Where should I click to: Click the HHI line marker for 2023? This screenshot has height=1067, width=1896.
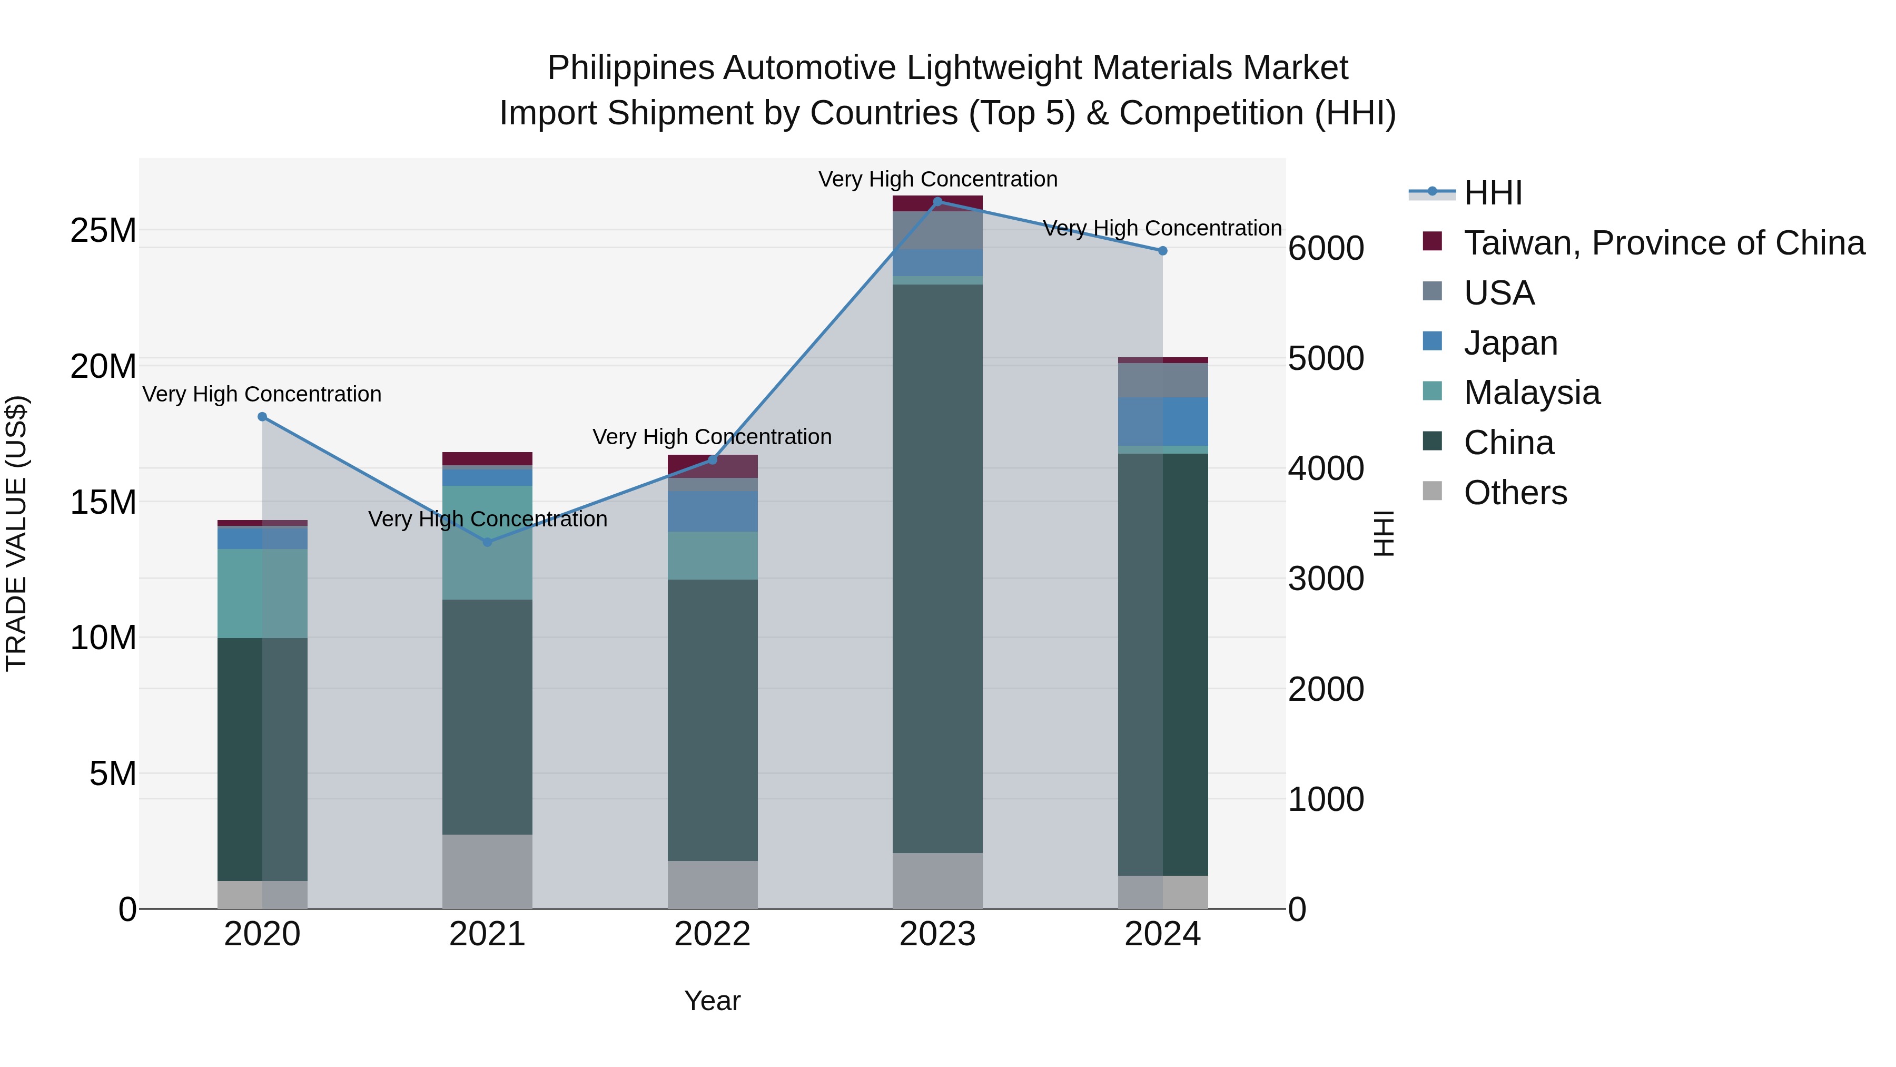pos(937,201)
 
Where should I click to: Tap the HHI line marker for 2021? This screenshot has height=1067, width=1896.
pos(487,542)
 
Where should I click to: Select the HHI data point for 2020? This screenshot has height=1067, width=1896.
pos(262,417)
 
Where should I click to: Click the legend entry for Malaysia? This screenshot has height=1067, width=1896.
pos(1531,393)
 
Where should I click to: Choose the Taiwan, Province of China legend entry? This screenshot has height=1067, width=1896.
pos(1663,243)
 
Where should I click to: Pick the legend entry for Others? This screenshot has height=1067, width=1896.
pos(1515,493)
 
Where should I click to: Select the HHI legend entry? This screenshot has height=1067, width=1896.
pos(1493,193)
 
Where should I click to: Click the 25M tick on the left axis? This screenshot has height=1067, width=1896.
pos(103,230)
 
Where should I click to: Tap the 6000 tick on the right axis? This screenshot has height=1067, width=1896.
pos(1326,248)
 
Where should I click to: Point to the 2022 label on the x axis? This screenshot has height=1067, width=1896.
pos(712,934)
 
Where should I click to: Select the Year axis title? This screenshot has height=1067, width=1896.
pos(712,1001)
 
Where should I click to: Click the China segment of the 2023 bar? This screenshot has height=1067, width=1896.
pos(937,567)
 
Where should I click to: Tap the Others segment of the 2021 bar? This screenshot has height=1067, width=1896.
pos(487,871)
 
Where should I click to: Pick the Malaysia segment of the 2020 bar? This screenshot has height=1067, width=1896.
pos(262,593)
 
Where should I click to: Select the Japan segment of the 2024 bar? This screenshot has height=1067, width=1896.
pos(1162,421)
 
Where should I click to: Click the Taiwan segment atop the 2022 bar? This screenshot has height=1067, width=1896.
pos(712,466)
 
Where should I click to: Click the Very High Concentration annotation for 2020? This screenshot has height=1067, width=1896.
pos(262,394)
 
